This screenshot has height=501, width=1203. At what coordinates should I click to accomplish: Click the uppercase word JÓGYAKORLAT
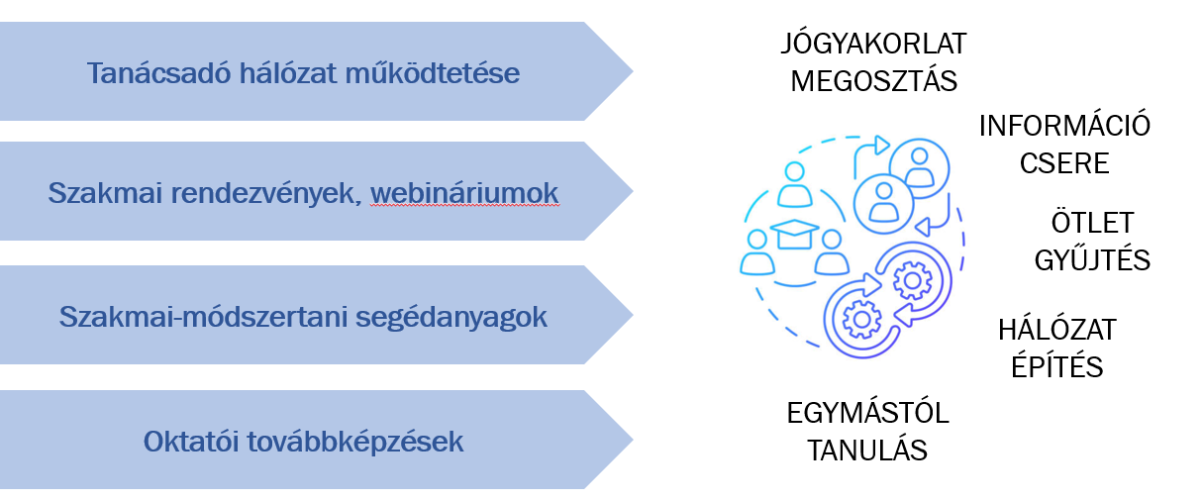click(873, 45)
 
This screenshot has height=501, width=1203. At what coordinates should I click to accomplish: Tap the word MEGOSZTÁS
click(873, 80)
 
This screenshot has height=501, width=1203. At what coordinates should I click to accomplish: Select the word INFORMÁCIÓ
click(1064, 126)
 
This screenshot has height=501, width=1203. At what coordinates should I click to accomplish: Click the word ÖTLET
click(1092, 222)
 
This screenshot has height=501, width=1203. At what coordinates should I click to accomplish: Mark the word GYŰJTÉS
click(1092, 259)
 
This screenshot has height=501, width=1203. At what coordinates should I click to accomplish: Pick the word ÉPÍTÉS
click(1056, 366)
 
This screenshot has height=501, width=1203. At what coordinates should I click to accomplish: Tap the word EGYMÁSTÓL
click(867, 413)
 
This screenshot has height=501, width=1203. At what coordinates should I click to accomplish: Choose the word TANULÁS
click(867, 451)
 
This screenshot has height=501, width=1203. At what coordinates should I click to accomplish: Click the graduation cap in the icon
click(793, 234)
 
